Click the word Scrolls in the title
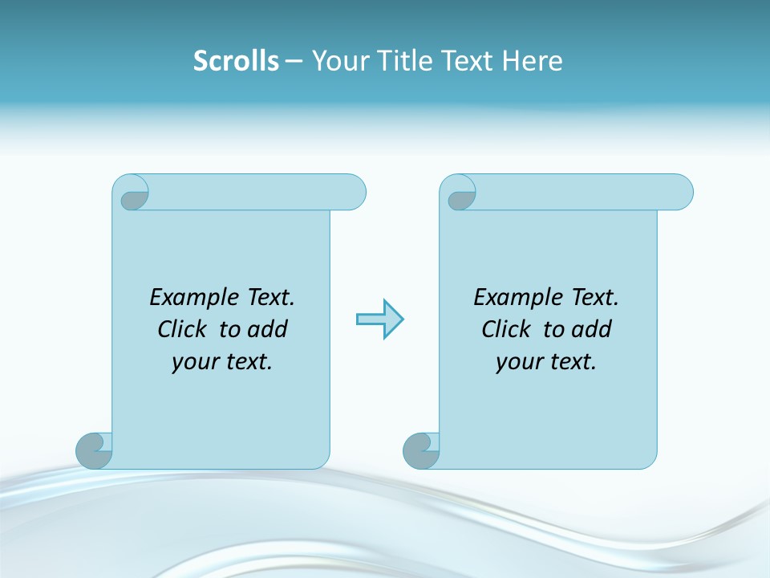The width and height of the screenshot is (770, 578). (x=236, y=60)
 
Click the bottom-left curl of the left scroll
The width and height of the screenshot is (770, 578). (x=94, y=450)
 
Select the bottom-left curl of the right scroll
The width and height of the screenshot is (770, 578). (x=421, y=450)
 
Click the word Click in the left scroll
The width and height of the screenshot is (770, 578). (x=180, y=329)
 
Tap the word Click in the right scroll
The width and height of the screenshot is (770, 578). (x=505, y=329)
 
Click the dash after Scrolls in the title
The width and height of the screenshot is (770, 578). (x=294, y=61)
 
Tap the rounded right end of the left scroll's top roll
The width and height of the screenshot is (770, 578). (x=353, y=192)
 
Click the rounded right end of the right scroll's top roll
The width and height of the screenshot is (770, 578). (x=680, y=192)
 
